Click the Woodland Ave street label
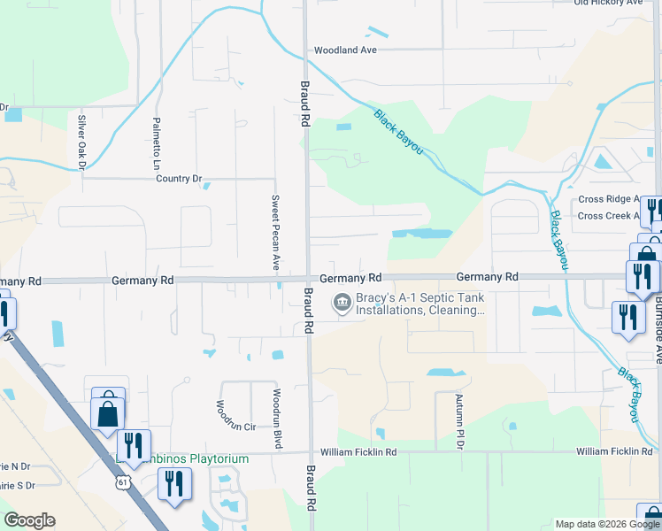pyautogui.click(x=345, y=50)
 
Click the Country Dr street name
pyautogui.click(x=179, y=179)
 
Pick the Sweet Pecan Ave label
pyautogui.click(x=275, y=233)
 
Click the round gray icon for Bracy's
pyautogui.click(x=341, y=304)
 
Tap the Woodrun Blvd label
pyautogui.click(x=277, y=419)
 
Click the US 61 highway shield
pyautogui.click(x=120, y=482)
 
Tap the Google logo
pyautogui.click(x=29, y=520)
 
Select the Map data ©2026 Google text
pyautogui.click(x=607, y=524)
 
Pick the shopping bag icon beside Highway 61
pyautogui.click(x=107, y=412)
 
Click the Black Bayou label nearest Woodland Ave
pyautogui.click(x=398, y=133)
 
